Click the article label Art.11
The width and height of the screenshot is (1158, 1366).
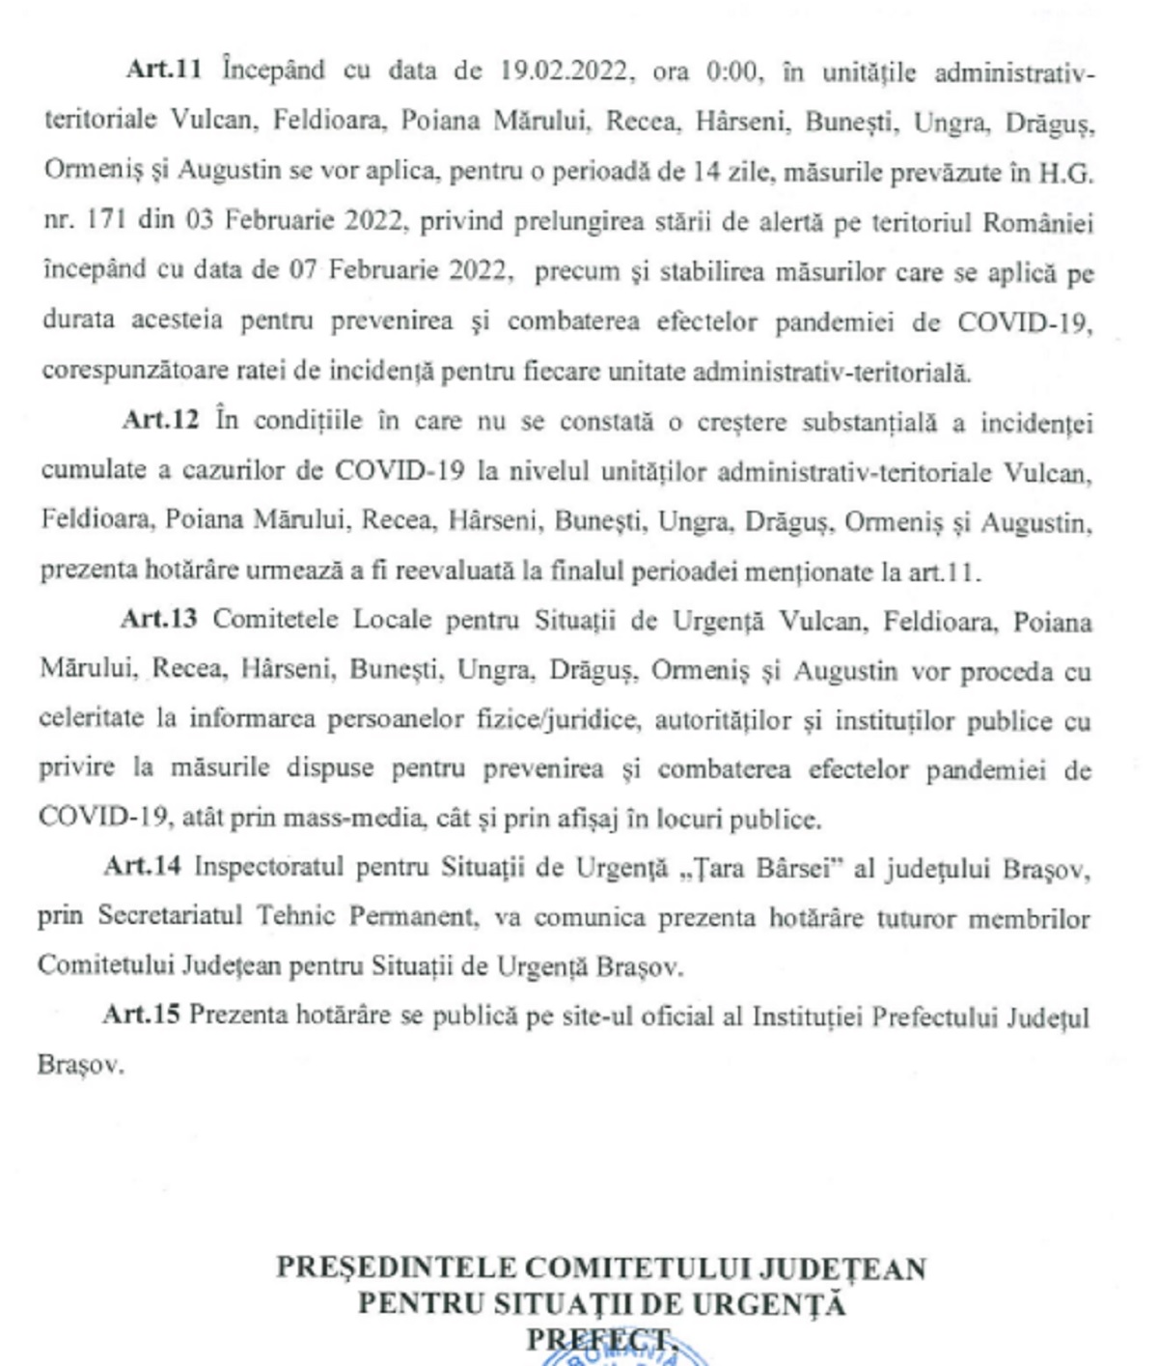pyautogui.click(x=163, y=70)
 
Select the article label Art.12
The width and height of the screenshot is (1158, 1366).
pyautogui.click(x=160, y=420)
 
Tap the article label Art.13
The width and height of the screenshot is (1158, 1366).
pyautogui.click(x=158, y=619)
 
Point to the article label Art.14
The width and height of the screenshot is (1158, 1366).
pyautogui.click(x=142, y=866)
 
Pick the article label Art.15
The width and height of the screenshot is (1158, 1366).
pyautogui.click(x=141, y=1015)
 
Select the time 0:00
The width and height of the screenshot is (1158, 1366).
pyautogui.click(x=731, y=71)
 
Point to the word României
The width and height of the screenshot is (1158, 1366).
pyautogui.click(x=1037, y=222)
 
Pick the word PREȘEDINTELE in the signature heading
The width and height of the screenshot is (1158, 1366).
pyautogui.click(x=394, y=1268)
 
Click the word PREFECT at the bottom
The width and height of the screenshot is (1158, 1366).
pyautogui.click(x=599, y=1341)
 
